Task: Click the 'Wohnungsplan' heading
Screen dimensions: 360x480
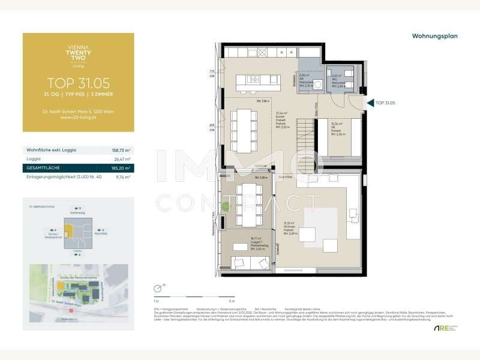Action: coord(434,36)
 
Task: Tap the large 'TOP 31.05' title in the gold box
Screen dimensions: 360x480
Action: coord(78,83)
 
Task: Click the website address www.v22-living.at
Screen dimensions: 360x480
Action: coord(78,117)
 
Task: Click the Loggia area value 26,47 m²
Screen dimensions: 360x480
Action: coord(122,159)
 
